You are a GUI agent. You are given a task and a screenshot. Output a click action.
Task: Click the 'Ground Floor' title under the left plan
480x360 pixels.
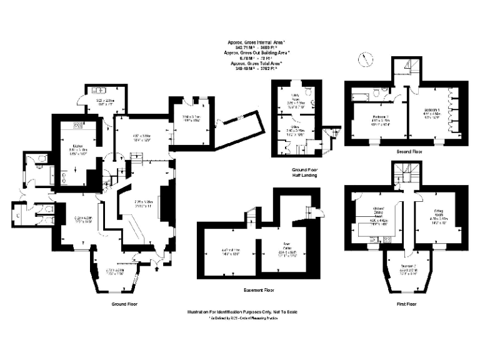pos(124,304)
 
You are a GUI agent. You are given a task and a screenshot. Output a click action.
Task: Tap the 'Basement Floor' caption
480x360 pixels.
pos(259,291)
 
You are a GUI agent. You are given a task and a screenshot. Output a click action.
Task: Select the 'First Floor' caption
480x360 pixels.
pos(406,304)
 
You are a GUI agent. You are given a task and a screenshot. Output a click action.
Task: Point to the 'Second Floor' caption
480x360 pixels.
pos(410,152)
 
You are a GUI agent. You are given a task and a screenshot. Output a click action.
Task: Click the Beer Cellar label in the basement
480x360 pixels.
pos(286,247)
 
